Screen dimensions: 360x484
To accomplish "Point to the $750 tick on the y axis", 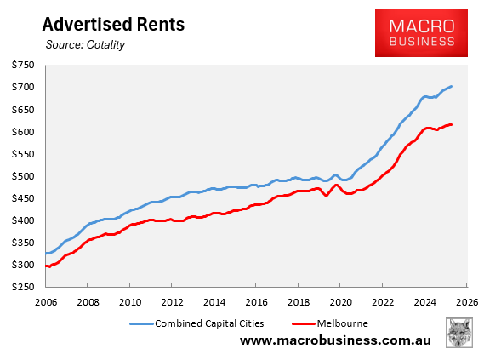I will [23, 66].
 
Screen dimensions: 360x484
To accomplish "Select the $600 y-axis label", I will [23, 132].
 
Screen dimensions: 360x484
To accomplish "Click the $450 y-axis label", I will [23, 199].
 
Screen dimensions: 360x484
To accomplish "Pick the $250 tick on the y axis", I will [23, 288].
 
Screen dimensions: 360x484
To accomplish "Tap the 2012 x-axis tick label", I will [172, 300].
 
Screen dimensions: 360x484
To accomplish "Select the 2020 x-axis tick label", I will [340, 300].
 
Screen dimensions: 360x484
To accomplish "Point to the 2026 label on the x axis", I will [466, 300].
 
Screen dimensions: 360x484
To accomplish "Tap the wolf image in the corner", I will [459, 333].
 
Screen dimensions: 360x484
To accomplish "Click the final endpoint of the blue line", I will [452, 86].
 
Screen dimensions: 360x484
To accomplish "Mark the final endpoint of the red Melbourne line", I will [452, 124].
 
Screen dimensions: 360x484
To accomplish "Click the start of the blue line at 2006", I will [46, 253].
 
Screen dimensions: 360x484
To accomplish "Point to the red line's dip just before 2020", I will [326, 196].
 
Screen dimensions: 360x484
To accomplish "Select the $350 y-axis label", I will [23, 243].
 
